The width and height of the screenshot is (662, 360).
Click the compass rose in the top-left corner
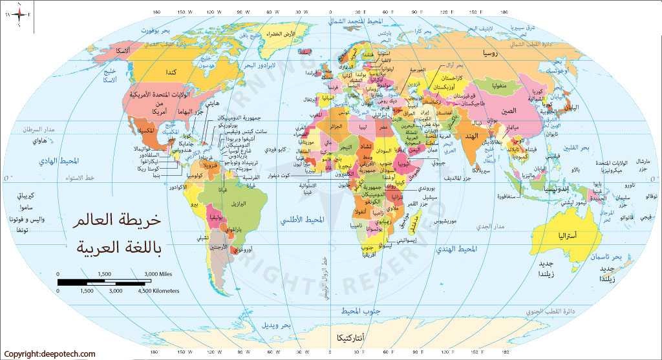click(x=20, y=14)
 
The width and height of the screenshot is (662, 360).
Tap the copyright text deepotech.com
click(x=48, y=354)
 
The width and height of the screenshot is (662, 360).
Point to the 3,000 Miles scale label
click(x=156, y=275)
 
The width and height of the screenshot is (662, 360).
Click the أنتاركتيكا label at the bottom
click(x=350, y=337)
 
